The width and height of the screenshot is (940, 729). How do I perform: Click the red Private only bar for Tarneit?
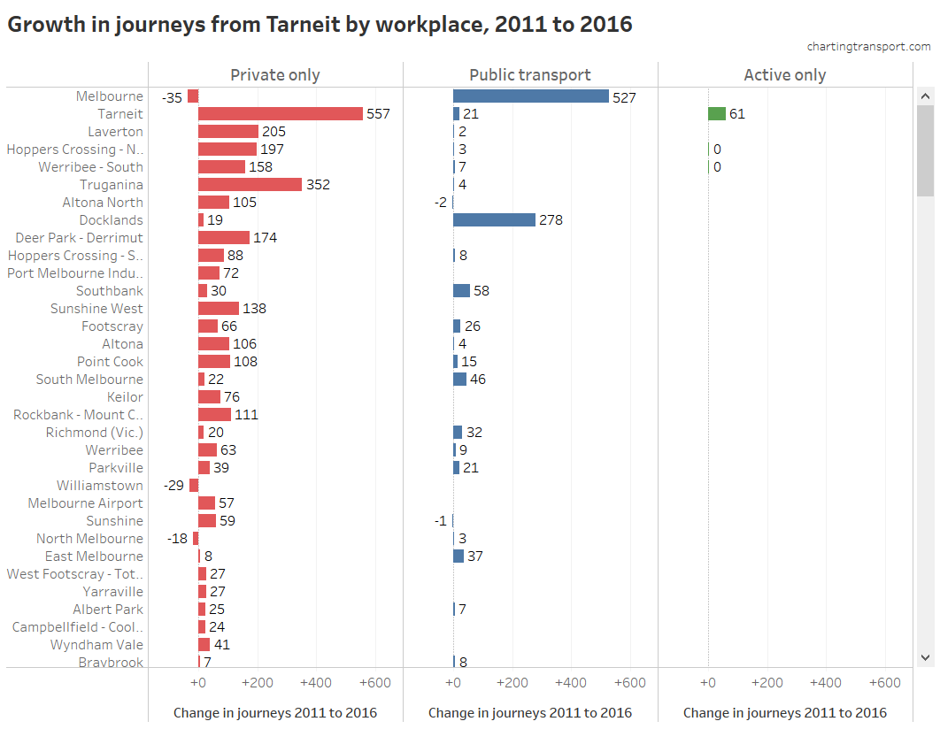pyautogui.click(x=280, y=114)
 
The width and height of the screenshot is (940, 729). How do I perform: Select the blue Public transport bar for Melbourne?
pyautogui.click(x=530, y=96)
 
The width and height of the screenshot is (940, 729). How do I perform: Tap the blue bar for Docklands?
pyautogui.click(x=494, y=220)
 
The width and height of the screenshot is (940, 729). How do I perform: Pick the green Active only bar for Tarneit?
pyautogui.click(x=716, y=114)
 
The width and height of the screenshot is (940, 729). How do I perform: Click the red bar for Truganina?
pyautogui.click(x=250, y=185)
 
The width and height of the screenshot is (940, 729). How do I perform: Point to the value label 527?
pyautogui.click(x=624, y=97)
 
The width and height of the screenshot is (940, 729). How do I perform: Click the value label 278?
pyautogui.click(x=551, y=220)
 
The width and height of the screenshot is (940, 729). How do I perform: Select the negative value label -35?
pyautogui.click(x=172, y=97)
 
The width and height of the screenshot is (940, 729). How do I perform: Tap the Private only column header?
pyautogui.click(x=275, y=75)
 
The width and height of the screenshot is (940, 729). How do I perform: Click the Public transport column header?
pyautogui.click(x=530, y=75)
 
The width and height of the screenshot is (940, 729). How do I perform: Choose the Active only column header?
pyautogui.click(x=785, y=75)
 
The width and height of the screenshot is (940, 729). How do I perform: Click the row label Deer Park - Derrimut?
pyautogui.click(x=79, y=238)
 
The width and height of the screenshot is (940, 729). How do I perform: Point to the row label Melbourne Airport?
pyautogui.click(x=85, y=503)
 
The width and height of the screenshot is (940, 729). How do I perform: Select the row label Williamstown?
pyautogui.click(x=99, y=486)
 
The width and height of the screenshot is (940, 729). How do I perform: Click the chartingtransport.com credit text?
pyautogui.click(x=868, y=46)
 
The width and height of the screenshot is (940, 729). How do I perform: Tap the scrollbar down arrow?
pyautogui.click(x=925, y=657)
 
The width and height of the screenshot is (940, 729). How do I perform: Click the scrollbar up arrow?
pyautogui.click(x=925, y=96)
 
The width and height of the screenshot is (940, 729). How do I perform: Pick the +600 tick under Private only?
pyautogui.click(x=375, y=683)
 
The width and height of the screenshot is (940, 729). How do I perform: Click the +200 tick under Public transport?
pyautogui.click(x=512, y=683)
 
